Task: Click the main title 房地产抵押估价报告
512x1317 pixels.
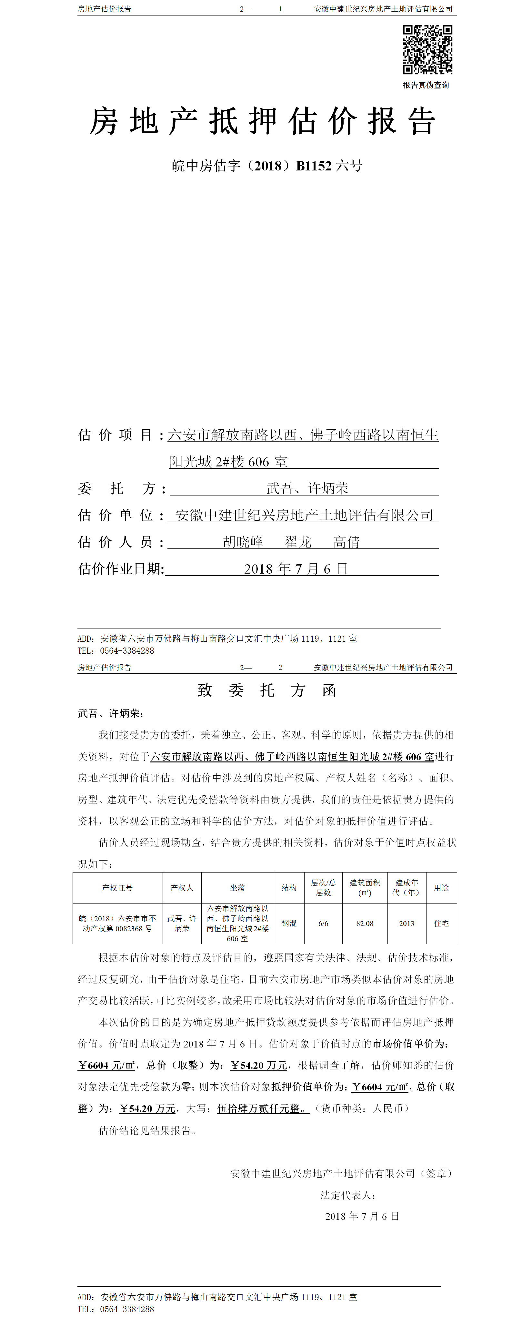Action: pyautogui.click(x=263, y=122)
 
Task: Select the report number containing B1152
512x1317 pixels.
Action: pyautogui.click(x=267, y=166)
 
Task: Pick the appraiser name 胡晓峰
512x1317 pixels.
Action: pyautogui.click(x=243, y=542)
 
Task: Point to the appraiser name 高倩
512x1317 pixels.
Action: pyautogui.click(x=346, y=542)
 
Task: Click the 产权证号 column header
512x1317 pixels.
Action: pyautogui.click(x=117, y=888)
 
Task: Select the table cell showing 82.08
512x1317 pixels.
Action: pyautogui.click(x=365, y=923)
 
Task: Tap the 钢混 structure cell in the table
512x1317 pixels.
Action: pyautogui.click(x=289, y=923)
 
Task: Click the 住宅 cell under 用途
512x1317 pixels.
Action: pyautogui.click(x=441, y=923)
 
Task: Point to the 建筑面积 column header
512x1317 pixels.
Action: pyautogui.click(x=365, y=888)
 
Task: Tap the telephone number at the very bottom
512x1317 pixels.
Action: pyautogui.click(x=127, y=1309)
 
